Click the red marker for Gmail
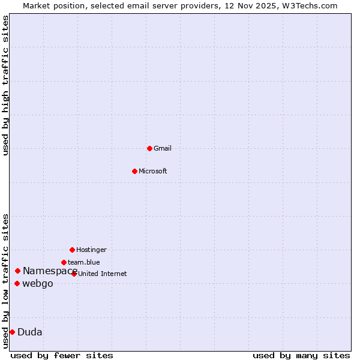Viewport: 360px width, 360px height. point(149,148)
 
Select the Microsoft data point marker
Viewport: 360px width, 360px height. point(134,171)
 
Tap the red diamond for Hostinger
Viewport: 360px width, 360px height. point(72,250)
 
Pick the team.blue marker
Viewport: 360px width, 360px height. point(64,262)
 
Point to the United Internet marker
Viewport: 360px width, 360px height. point(74,274)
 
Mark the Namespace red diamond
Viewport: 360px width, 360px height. point(17,271)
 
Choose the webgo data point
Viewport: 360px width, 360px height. point(17,283)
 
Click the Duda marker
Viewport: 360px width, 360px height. point(12,332)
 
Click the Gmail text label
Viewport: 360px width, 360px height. point(163,148)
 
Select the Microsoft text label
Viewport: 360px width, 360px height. point(153,171)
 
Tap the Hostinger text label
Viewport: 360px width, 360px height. point(91,250)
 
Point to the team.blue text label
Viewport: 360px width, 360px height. point(84,262)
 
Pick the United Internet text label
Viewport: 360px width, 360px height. point(103,274)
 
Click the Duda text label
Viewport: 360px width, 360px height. point(30,332)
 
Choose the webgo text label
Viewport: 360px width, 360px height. point(38,283)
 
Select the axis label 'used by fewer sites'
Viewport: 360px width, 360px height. point(62,355)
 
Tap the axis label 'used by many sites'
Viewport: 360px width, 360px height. point(301,355)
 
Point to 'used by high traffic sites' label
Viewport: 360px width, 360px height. point(6,85)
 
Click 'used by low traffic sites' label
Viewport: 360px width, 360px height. point(6,281)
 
